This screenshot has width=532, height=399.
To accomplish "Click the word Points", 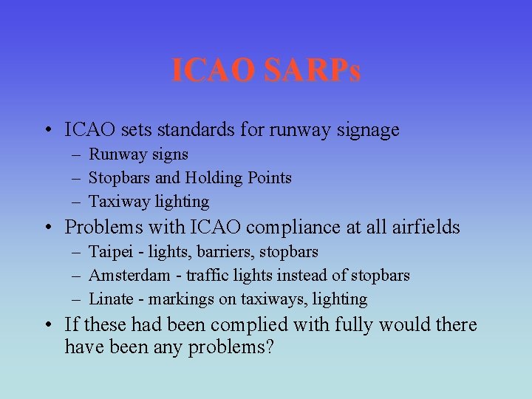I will pos(269,178).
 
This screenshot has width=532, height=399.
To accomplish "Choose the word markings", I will pos(181,300).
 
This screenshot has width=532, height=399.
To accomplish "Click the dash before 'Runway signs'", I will pos(77,155).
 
